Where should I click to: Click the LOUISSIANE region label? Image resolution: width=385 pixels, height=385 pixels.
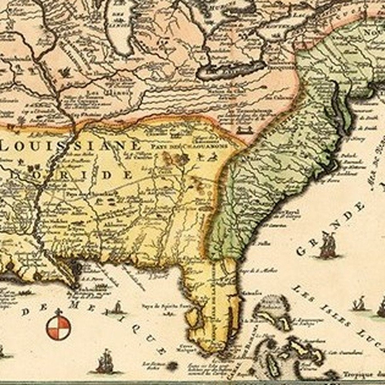click(71, 146)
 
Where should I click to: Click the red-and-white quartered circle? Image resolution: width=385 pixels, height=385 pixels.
click(59, 328)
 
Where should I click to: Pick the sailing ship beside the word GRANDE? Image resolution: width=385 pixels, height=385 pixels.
click(327, 246)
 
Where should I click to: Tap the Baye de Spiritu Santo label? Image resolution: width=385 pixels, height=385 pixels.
click(169, 305)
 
